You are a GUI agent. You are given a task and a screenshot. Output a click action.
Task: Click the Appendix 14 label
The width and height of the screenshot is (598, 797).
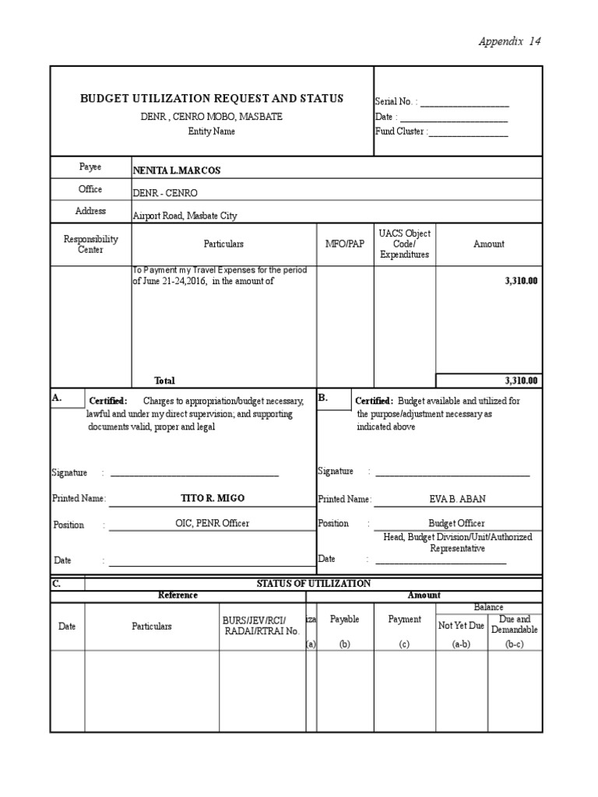coord(508,41)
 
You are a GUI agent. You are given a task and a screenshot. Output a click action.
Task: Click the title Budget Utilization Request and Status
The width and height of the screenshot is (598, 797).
coord(212,98)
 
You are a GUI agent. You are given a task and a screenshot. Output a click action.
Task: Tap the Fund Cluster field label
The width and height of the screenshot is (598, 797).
coord(400,132)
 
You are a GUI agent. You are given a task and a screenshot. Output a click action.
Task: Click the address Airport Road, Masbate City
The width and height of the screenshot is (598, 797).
coord(185,216)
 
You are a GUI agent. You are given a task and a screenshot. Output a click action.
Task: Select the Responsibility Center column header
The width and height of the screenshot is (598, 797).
coord(90,244)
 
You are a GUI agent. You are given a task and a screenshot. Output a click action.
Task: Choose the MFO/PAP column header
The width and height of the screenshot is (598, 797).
coord(345,244)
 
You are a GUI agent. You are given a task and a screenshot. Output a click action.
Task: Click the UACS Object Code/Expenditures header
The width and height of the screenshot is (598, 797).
coord(404,244)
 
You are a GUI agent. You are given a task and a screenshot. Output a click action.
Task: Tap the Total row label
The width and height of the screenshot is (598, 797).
coord(164,381)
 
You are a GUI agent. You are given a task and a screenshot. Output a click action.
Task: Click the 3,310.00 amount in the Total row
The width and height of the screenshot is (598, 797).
coord(521,381)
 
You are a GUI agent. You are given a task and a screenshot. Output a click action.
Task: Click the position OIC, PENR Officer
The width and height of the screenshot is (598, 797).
coord(213,524)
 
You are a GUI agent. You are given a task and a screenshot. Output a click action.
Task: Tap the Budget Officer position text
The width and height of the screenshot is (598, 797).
coord(456,524)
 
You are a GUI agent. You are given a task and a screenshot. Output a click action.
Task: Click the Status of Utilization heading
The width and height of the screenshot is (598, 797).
coord(313,583)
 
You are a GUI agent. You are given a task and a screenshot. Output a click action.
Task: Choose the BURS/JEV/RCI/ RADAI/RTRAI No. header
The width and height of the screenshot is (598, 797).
coord(261,625)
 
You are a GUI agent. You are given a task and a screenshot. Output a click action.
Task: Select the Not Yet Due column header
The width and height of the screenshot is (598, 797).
coord(461,625)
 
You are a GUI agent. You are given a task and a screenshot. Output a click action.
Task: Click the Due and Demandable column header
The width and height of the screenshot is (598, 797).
coord(514,624)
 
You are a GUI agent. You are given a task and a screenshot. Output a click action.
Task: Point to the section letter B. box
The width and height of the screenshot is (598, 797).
coord(324,398)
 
